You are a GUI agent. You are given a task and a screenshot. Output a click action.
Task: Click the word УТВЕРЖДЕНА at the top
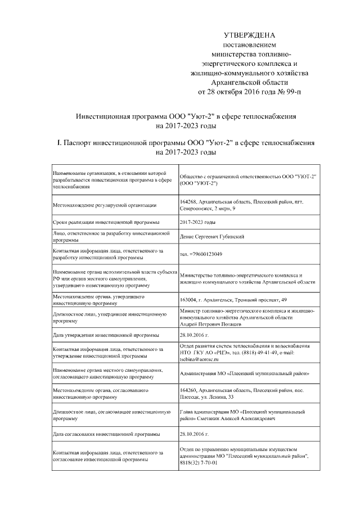click(249, 35)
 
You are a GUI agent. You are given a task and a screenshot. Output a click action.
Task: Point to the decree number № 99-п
click(289, 91)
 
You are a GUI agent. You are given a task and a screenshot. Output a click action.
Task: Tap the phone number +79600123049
click(201, 254)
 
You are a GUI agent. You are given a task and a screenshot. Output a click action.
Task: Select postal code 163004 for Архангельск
click(188, 299)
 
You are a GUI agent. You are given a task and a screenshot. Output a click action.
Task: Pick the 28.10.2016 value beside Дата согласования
click(194, 435)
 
